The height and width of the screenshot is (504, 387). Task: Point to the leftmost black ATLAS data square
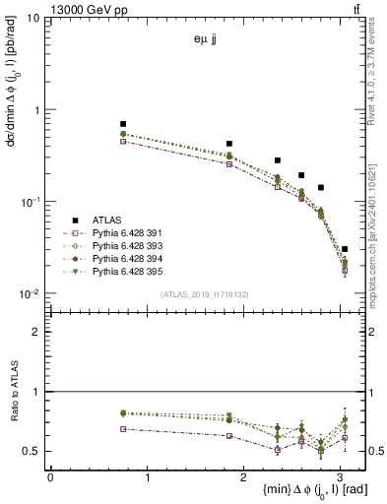[123, 124]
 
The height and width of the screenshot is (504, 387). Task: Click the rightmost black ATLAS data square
[344, 249]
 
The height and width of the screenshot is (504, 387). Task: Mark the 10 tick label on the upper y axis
[33, 19]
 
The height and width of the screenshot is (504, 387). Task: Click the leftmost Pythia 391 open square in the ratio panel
[123, 429]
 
